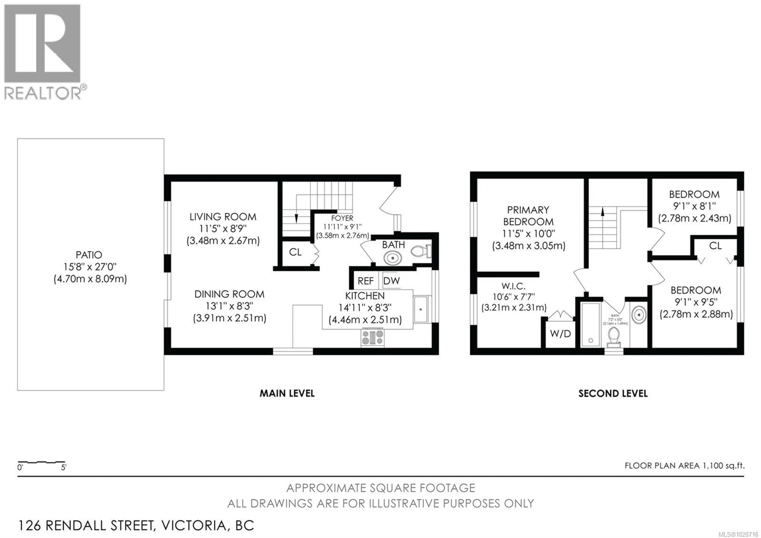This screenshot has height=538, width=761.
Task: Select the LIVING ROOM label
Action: click(x=223, y=217)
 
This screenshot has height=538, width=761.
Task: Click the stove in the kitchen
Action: click(x=373, y=337)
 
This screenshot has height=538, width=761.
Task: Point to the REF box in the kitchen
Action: click(x=366, y=281)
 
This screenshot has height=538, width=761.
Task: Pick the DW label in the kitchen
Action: click(x=391, y=281)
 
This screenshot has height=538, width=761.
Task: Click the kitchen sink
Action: click(x=420, y=309)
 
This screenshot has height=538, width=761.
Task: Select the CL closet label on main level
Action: click(x=295, y=252)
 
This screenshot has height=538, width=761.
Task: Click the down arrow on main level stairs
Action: click(x=296, y=218)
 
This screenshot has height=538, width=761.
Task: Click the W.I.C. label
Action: click(x=513, y=286)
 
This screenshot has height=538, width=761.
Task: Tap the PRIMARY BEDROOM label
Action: click(x=528, y=216)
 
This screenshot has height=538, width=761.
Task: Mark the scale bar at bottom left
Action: click(x=41, y=462)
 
